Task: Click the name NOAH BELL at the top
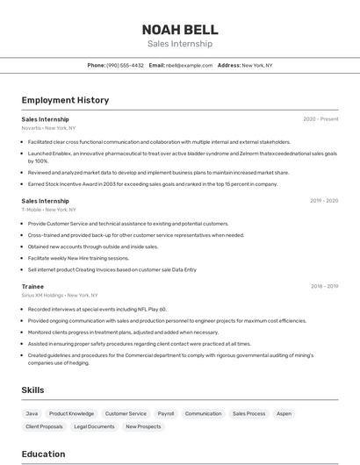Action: pos(179,29)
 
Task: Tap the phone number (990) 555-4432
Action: pos(125,65)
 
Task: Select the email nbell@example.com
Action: pos(189,65)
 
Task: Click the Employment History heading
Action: pos(65,100)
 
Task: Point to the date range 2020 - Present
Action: pos(320,118)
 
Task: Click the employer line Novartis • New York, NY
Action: pos(48,128)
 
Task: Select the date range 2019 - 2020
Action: pos(323,201)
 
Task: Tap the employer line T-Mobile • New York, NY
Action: pos(49,210)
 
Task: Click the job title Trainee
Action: pos(32,286)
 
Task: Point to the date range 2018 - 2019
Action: pos(323,286)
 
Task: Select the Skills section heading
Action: pos(33,389)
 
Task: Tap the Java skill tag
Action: pos(32,413)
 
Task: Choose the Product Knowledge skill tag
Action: pos(71,413)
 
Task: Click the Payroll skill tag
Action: pos(165,413)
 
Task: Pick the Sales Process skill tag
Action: pos(248,413)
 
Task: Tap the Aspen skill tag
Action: pos(284,413)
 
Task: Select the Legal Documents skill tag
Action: pos(94,426)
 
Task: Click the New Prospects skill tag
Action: pos(143,426)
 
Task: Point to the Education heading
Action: pos(43,454)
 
